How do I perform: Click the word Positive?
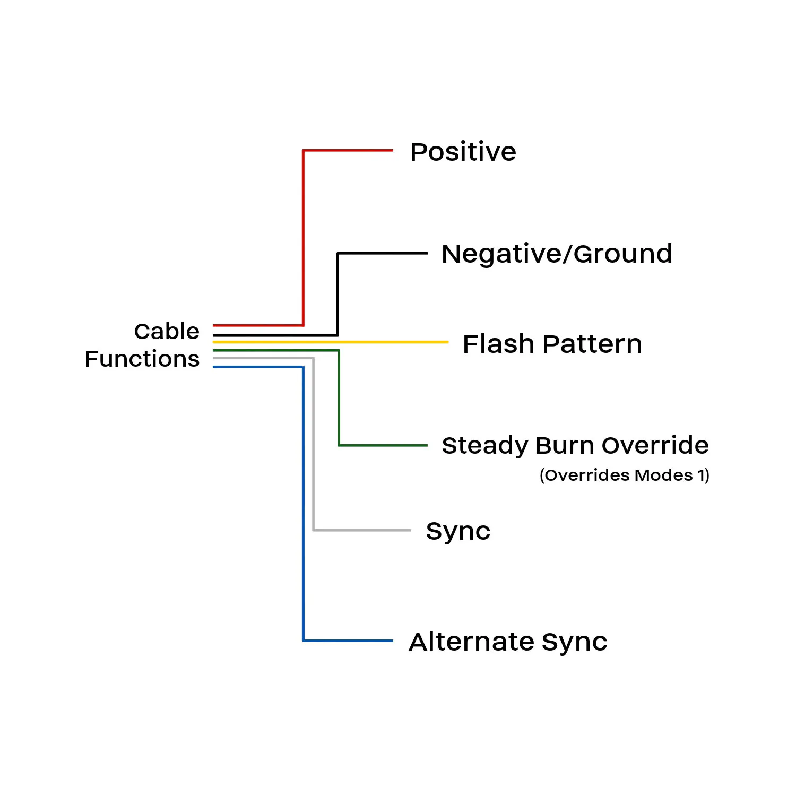(x=463, y=152)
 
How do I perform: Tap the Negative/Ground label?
(x=557, y=254)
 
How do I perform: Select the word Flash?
(x=498, y=344)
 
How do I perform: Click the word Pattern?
(x=593, y=344)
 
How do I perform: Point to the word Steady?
(x=484, y=446)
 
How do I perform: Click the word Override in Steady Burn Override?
(x=655, y=445)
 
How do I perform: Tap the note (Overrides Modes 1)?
(x=624, y=475)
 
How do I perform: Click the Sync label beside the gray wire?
(x=458, y=531)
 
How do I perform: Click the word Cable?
(x=167, y=331)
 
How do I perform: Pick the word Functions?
(x=142, y=359)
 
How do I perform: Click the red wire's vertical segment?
(x=303, y=239)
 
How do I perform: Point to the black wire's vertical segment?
(x=338, y=295)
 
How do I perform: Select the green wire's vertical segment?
(x=339, y=398)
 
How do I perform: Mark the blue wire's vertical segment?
(x=303, y=504)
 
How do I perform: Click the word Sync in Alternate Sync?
(x=574, y=642)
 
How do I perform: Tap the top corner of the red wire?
(x=303, y=151)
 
